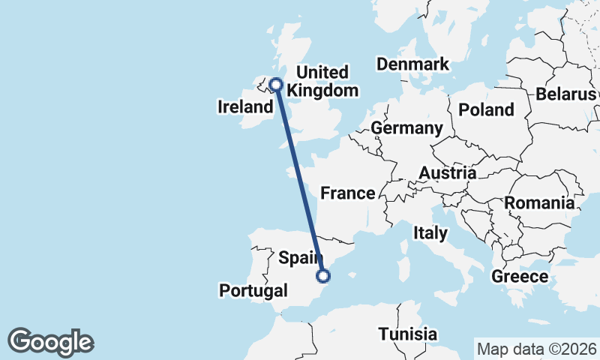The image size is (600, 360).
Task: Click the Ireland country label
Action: pyautogui.click(x=245, y=107)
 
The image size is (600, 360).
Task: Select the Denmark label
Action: pyautogui.click(x=412, y=64)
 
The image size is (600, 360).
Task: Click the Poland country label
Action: pyautogui.click(x=486, y=110)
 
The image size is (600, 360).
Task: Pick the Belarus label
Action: pyautogui.click(x=565, y=94)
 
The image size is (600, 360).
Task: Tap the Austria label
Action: pyautogui.click(x=447, y=173)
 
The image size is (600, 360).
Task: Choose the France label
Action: pyautogui.click(x=347, y=193)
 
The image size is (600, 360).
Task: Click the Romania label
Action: pyautogui.click(x=539, y=202)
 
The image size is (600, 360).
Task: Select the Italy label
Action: pyautogui.click(x=430, y=233)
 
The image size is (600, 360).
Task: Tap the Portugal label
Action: pyautogui.click(x=253, y=290)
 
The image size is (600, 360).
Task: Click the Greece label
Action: pyautogui.click(x=520, y=277)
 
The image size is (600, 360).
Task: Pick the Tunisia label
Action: pyautogui.click(x=407, y=334)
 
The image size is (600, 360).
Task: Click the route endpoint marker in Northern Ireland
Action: pyautogui.click(x=276, y=85)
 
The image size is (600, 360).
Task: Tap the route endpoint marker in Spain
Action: pyautogui.click(x=323, y=276)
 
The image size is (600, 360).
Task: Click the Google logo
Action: pyautogui.click(x=51, y=342)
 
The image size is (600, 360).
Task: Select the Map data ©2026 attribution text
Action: pyautogui.click(x=536, y=349)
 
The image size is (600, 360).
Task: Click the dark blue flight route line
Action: pyautogui.click(x=299, y=180)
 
